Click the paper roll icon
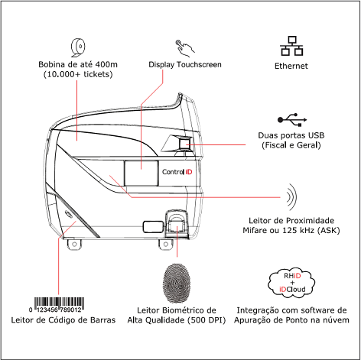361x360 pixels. click(x=78, y=47)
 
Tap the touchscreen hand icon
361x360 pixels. click(x=185, y=48)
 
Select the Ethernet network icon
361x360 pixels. click(x=292, y=46)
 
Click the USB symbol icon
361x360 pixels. click(x=292, y=120)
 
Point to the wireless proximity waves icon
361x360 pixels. click(x=291, y=197)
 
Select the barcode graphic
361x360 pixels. click(x=59, y=305)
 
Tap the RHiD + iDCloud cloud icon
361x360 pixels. click(x=291, y=283)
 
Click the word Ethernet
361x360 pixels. click(x=291, y=66)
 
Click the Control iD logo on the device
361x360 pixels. click(x=177, y=172)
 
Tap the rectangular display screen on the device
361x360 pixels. click(x=141, y=174)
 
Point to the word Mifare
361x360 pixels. click(x=255, y=231)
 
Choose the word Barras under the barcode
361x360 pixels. click(x=102, y=320)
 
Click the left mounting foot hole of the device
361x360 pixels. click(x=74, y=245)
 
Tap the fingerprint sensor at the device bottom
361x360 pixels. click(x=177, y=224)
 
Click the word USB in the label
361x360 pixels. click(x=316, y=135)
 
